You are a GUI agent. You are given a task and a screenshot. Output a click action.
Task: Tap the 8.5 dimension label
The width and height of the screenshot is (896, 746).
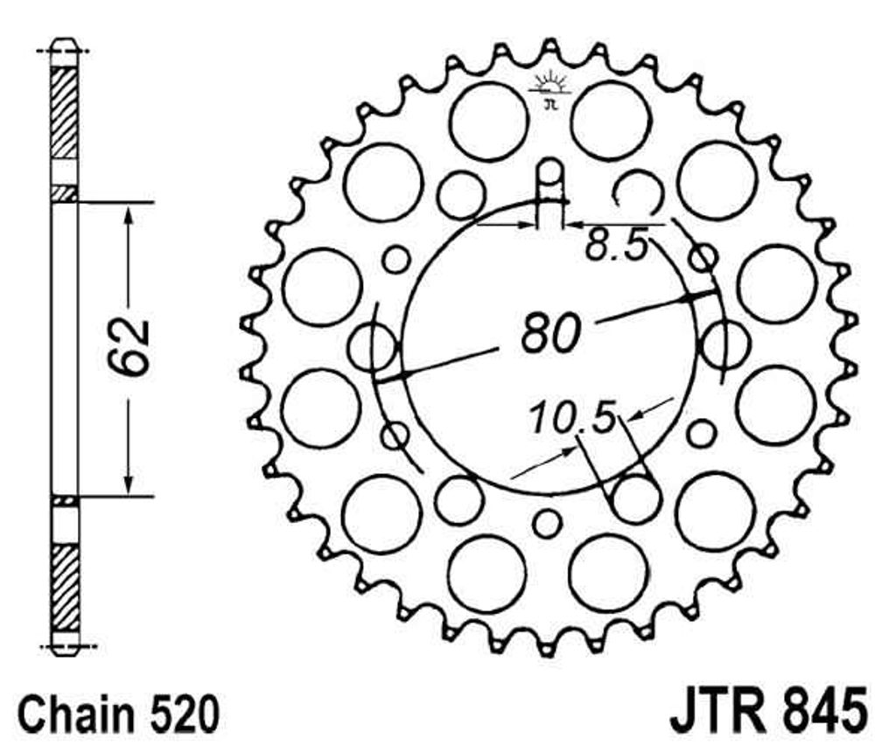tap(617, 245)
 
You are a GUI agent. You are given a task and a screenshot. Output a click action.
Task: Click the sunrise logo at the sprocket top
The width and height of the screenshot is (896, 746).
tap(550, 89)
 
